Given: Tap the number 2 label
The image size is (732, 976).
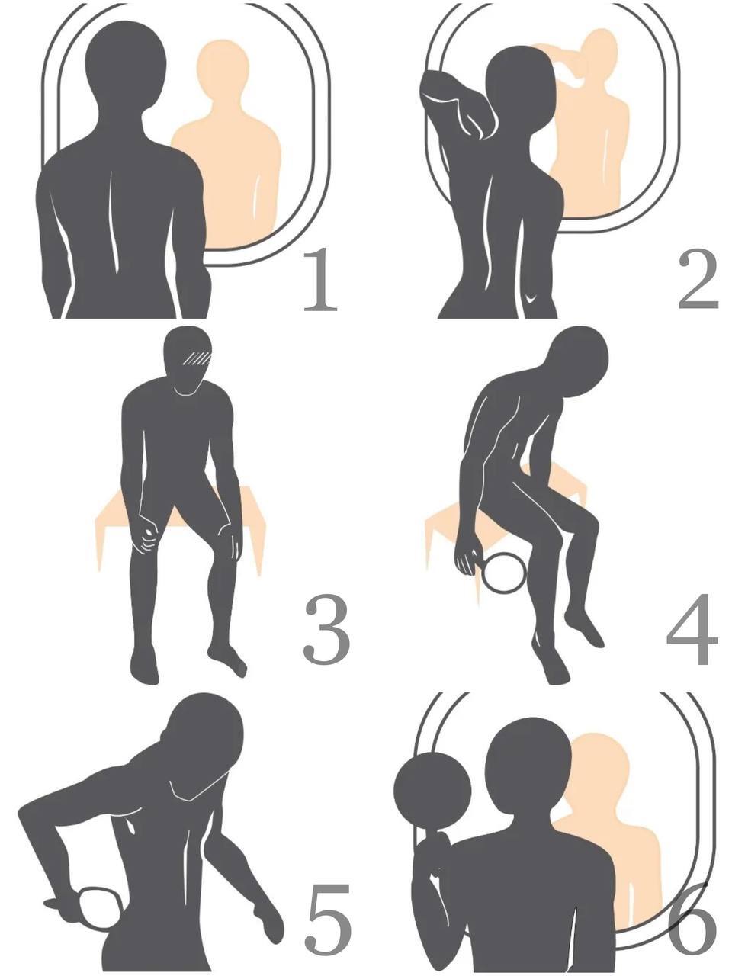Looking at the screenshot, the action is (698, 279).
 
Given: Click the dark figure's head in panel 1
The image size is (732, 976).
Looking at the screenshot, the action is (126, 65).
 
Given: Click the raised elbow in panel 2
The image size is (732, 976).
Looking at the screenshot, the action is (433, 89).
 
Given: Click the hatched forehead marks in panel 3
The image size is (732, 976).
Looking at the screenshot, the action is (197, 358).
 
